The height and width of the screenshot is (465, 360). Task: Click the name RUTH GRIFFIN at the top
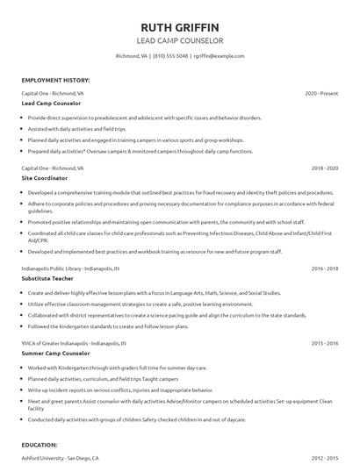tap(180, 25)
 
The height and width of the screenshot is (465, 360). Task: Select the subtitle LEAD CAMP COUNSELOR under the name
tap(180, 40)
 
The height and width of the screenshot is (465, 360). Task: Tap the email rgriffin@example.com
tap(219, 56)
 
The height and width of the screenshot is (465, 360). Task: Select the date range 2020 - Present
tap(321, 93)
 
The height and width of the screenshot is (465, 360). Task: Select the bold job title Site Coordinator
tap(47, 177)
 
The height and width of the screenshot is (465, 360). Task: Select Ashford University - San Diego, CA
tap(61, 458)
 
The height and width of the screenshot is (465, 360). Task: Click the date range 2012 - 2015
tap(324, 458)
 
